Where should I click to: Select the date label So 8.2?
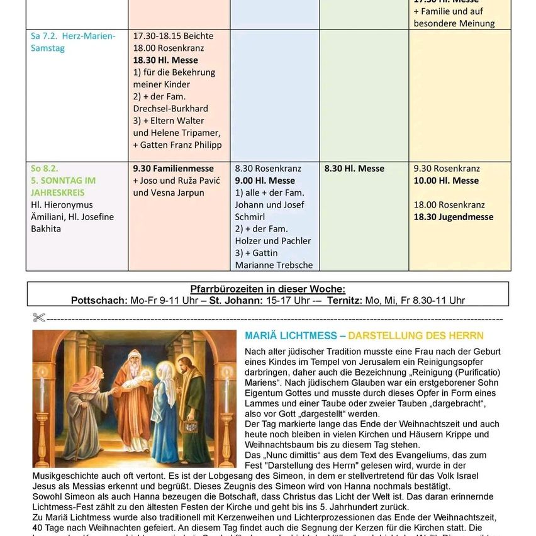point(44,169)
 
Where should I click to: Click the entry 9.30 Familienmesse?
point(173,169)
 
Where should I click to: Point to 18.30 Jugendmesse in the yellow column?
point(453,217)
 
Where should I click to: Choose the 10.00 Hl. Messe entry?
point(446,181)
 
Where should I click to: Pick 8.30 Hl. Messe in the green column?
point(354,169)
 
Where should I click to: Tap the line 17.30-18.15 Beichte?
point(173,36)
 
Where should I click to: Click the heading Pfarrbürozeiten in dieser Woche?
point(267,289)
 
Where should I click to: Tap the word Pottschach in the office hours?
point(99,300)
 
